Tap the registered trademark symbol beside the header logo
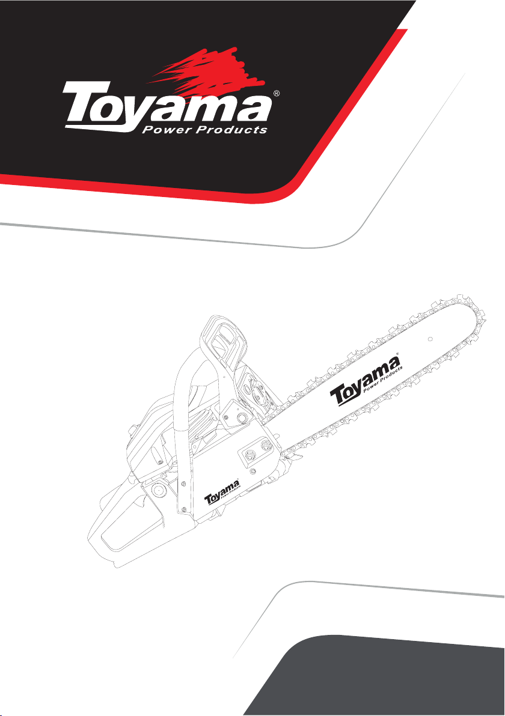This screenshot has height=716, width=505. coord(276,94)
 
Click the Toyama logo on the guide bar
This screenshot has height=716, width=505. coord(366,381)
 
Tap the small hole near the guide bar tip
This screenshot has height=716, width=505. coord(430,339)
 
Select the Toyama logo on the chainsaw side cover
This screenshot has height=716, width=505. coord(222,493)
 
